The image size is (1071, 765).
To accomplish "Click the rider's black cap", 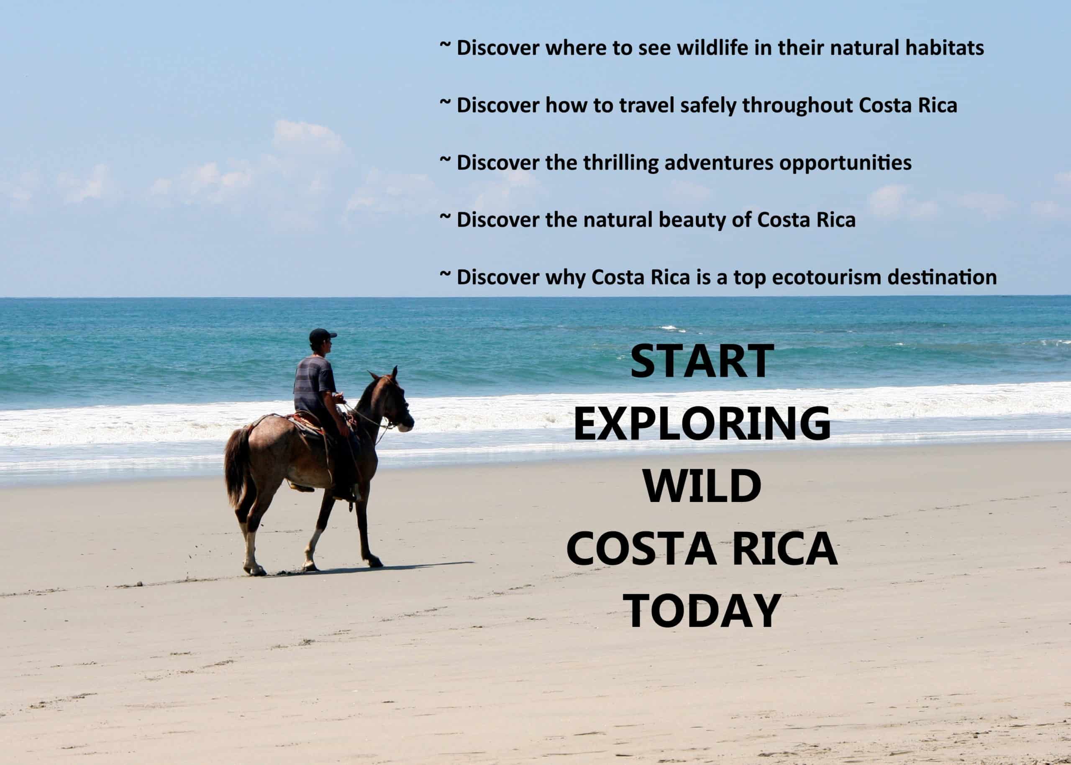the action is (322, 336).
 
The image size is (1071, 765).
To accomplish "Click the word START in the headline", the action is (702, 361).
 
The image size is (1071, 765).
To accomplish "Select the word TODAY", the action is (702, 611).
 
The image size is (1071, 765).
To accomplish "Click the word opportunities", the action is (846, 164).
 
